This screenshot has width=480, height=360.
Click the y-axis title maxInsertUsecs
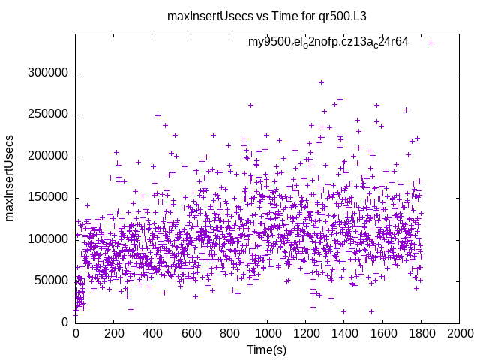click(x=10, y=178)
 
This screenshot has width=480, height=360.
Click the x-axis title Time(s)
click(x=267, y=349)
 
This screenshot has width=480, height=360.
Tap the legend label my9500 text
click(x=328, y=42)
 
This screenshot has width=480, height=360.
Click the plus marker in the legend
click(x=431, y=43)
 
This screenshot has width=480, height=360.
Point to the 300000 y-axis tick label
click(x=47, y=73)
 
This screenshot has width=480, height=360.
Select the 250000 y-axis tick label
click(x=47, y=115)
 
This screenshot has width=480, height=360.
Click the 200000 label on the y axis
click(x=47, y=157)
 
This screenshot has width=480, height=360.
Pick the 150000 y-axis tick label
click(x=47, y=198)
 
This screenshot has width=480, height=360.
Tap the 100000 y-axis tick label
click(x=47, y=239)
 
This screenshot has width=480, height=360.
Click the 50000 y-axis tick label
click(x=50, y=280)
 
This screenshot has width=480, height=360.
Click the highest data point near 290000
click(x=321, y=82)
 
